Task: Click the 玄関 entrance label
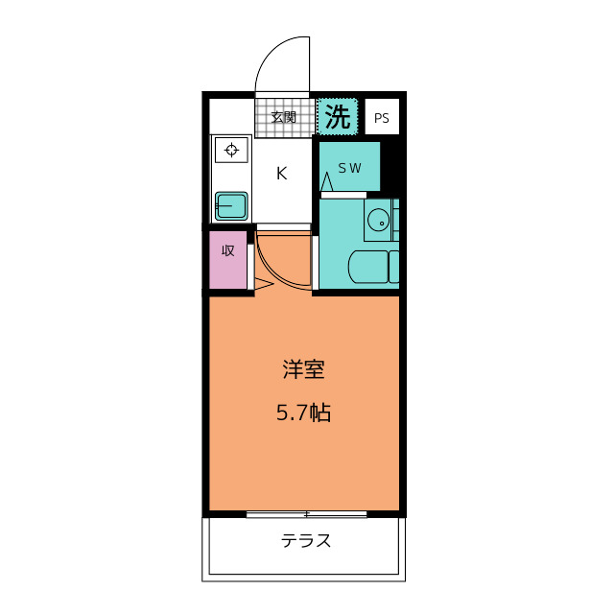(283, 118)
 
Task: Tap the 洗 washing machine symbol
(337, 117)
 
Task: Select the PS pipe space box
(382, 119)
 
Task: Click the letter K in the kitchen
(282, 174)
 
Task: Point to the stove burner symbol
(231, 150)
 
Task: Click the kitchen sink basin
(231, 205)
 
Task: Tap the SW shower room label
(349, 168)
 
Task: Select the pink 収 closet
(228, 259)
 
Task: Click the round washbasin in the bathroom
(377, 221)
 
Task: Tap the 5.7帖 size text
(303, 413)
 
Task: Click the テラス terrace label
(306, 541)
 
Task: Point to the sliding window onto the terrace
(306, 515)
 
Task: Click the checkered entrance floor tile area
(284, 118)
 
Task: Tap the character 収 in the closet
(228, 251)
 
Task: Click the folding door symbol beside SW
(327, 180)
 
